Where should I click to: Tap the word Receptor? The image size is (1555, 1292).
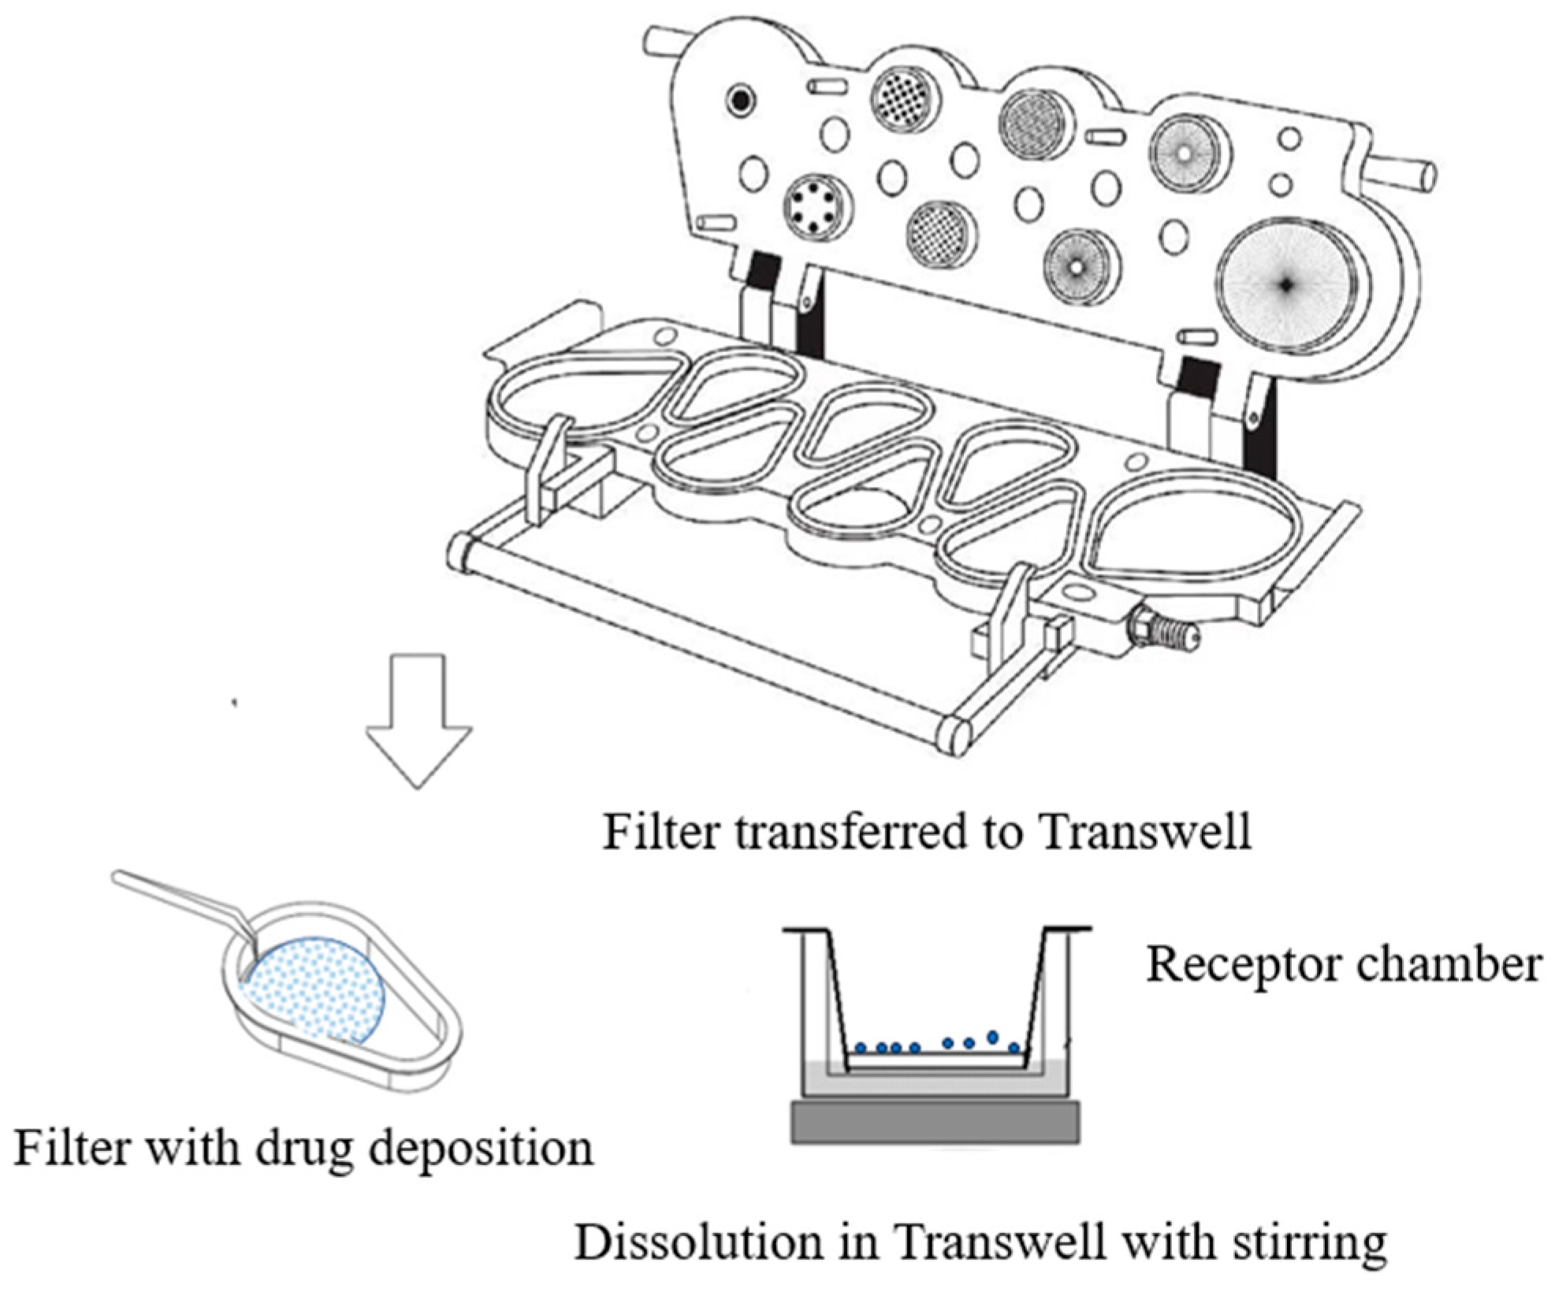[1225, 964]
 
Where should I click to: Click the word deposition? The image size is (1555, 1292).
[481, 1148]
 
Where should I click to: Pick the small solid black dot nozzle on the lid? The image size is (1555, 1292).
[741, 100]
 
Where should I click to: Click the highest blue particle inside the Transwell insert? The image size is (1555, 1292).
[993, 1036]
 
